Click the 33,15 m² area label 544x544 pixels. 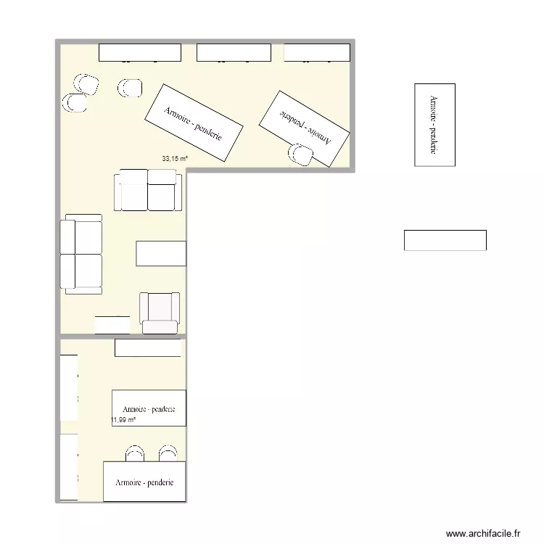pos(175,158)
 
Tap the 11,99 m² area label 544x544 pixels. pos(123,419)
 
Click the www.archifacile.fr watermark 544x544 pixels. pos(483,533)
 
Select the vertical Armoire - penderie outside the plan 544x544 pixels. pos(434,125)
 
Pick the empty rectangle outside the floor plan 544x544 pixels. pos(445,240)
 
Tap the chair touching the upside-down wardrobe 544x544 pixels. pos(301,154)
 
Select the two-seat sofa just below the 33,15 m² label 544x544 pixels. pos(149,191)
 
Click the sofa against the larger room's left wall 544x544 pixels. pos(81,254)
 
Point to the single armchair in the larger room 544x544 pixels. pos(160,312)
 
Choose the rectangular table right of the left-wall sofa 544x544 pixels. pos(161,254)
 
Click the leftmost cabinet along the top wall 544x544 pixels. pos(139,52)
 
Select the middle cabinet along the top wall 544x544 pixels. pos(234,52)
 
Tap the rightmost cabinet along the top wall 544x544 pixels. pos(317,52)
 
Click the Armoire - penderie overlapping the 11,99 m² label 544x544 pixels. pos(149,408)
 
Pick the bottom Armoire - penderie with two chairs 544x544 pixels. pos(144,481)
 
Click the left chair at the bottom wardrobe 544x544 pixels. pos(135,454)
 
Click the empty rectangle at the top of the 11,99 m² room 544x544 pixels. pos(147,348)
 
